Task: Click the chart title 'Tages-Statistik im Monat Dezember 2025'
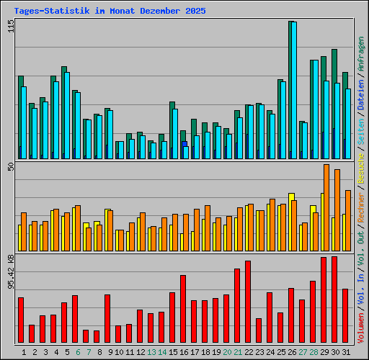pos(110,12)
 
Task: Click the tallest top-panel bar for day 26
pos(291,90)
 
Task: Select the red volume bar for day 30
pos(334,300)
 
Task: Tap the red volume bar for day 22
pos(248,302)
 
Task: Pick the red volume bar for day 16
pos(183,309)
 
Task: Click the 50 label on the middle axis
pos(10,167)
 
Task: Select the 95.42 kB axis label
pos(10,271)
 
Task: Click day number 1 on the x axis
pos(24,352)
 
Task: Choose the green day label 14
pos(162,352)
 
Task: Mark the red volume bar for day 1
pos(21,320)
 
